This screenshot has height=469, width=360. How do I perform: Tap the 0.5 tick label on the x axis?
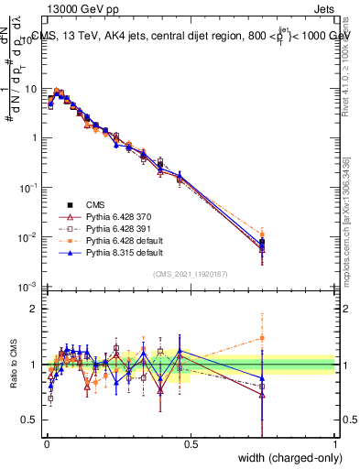[x=191, y=443]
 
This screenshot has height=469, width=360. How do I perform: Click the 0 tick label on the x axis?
[x=46, y=443]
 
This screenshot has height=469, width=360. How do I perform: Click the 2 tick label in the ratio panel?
[x=35, y=309]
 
